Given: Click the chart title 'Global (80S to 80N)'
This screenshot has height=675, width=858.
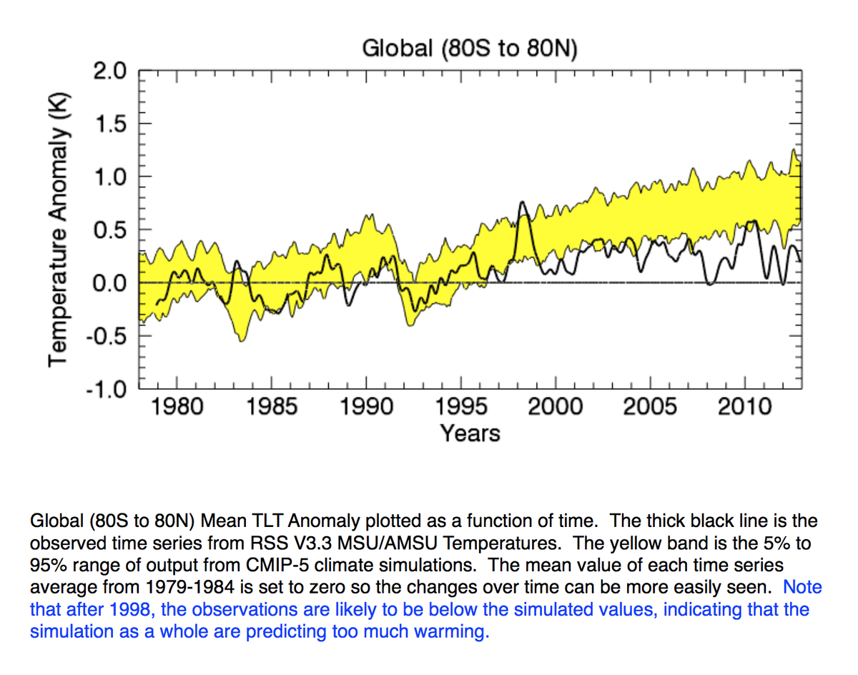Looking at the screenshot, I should pos(469,49).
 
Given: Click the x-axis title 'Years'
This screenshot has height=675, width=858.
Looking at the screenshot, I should pos(470,433).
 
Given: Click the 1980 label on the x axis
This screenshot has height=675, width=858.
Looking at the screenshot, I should pos(177,407).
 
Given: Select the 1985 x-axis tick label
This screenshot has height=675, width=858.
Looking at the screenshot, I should pos(271,407).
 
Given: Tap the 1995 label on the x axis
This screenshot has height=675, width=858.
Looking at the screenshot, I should pos(460,407).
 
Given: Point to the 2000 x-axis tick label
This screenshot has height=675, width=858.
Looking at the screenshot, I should pos(556,407).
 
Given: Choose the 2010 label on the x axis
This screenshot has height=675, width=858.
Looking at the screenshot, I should pos(745,407).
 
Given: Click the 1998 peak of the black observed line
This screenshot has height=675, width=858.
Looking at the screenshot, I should pos(522,202).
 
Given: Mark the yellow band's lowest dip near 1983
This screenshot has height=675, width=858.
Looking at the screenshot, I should pos(241,340).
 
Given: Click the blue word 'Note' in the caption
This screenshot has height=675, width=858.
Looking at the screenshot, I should pos(802,588).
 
